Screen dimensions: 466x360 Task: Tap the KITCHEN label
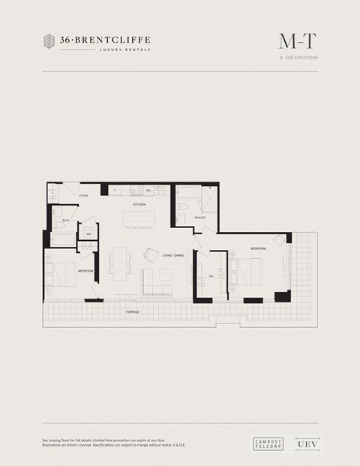coord(139,204)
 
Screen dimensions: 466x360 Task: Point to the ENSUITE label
coord(199,218)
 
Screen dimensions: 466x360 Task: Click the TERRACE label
coord(133,311)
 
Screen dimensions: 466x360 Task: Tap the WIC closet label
coord(211,276)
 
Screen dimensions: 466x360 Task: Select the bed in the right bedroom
coord(247,271)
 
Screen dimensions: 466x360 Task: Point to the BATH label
coord(66,220)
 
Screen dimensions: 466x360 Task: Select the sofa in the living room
coord(157,283)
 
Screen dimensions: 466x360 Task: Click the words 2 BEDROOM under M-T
coord(298,57)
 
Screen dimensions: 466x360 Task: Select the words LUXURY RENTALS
coord(124,50)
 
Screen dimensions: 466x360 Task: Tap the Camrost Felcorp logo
coord(267,443)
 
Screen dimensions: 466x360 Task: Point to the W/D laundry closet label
coord(88,234)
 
